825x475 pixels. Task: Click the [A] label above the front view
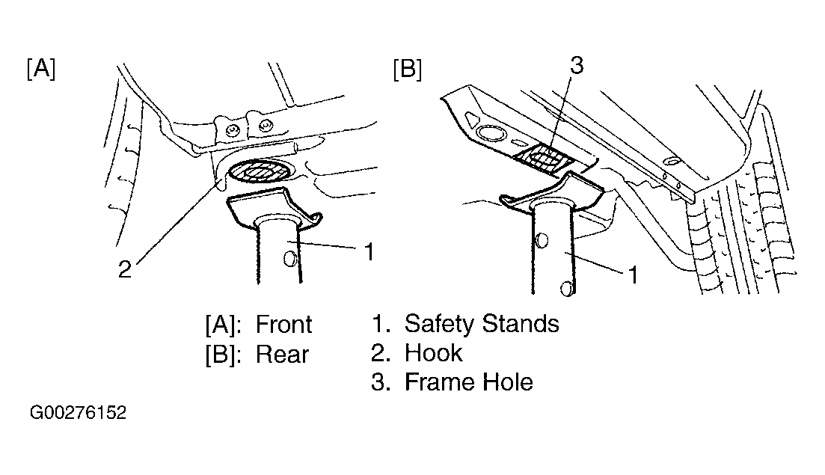[40, 68]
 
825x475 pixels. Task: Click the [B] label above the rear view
[407, 70]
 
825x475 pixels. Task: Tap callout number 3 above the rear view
[577, 65]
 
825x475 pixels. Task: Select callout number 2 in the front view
[124, 269]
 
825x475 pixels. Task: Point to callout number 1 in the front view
[370, 252]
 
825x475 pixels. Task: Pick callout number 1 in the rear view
[634, 275]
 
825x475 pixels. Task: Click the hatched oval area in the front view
[260, 171]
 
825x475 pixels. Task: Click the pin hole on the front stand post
[289, 258]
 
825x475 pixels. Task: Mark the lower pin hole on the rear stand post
[567, 289]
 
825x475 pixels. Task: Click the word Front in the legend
[283, 324]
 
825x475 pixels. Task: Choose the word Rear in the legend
[282, 354]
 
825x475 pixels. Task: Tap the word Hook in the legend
[434, 353]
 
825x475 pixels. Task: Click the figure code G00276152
[78, 412]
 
